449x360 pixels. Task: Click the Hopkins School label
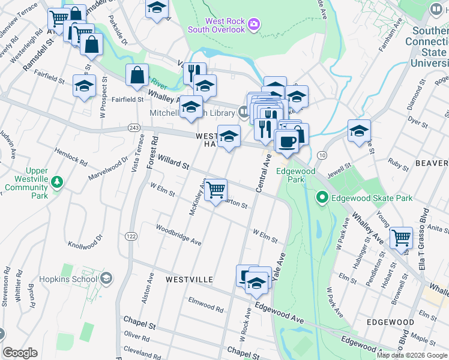click(x=67, y=279)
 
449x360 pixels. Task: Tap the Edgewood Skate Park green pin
click(x=321, y=197)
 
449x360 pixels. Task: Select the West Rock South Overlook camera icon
click(x=255, y=24)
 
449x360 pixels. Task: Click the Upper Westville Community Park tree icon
click(x=56, y=181)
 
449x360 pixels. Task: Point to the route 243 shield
click(x=134, y=128)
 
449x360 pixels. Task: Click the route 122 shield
click(x=131, y=237)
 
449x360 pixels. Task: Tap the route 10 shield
click(x=322, y=155)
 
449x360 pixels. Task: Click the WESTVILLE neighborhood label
click(x=189, y=280)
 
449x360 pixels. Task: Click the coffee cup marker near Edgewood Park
click(x=286, y=142)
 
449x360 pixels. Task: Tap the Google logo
click(x=20, y=353)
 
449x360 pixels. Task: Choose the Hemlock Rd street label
click(x=70, y=157)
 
